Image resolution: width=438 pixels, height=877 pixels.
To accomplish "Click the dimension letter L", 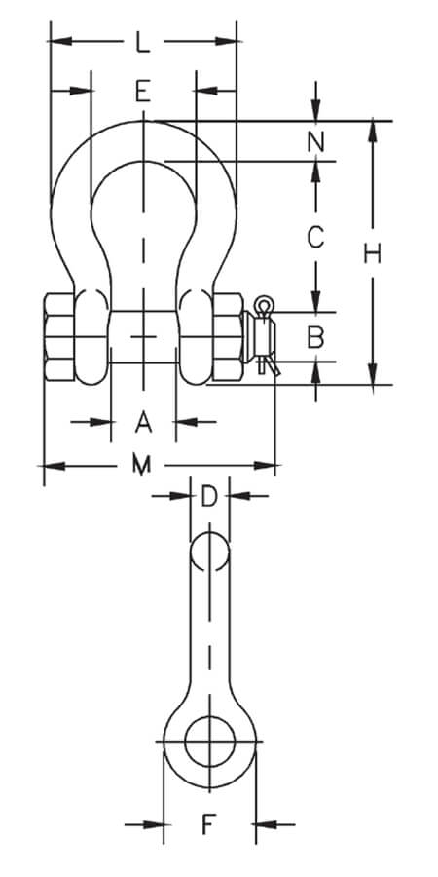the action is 143,42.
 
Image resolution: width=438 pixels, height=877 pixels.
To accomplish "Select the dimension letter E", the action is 143,93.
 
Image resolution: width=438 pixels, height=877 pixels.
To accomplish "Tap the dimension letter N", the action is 315,141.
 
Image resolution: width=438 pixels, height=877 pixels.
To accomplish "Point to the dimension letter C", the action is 315,236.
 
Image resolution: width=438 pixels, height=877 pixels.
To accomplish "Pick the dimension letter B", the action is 315,338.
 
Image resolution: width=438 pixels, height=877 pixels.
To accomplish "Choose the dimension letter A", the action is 143,422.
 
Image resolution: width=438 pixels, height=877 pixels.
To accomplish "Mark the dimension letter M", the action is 143,465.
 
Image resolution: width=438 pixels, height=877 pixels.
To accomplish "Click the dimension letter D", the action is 208,497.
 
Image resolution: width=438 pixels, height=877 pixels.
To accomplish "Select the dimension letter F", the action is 208,825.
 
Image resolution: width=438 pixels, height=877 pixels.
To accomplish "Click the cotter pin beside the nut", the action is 265,337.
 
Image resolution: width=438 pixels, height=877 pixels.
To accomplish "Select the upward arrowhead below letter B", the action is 317,370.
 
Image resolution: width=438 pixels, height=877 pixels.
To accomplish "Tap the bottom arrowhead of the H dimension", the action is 372,377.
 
